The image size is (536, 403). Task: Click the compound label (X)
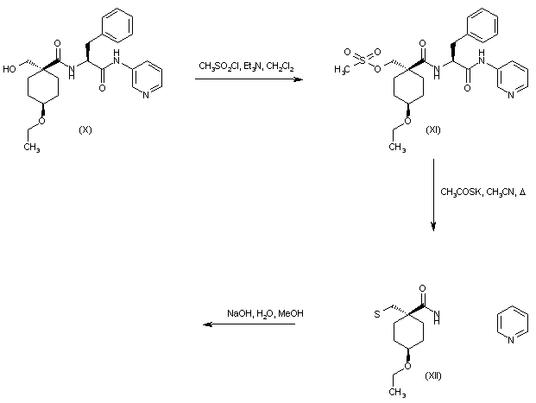pos(85,129)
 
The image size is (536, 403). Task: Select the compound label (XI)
pos(433,129)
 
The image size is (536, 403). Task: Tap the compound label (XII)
pos(434,376)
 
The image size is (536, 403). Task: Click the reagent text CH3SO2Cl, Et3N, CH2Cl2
pos(246,66)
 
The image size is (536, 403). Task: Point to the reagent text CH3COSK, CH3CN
pos(482,192)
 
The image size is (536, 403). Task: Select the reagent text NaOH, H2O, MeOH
pos(266,312)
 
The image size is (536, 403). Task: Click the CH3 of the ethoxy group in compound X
pos(32,146)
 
